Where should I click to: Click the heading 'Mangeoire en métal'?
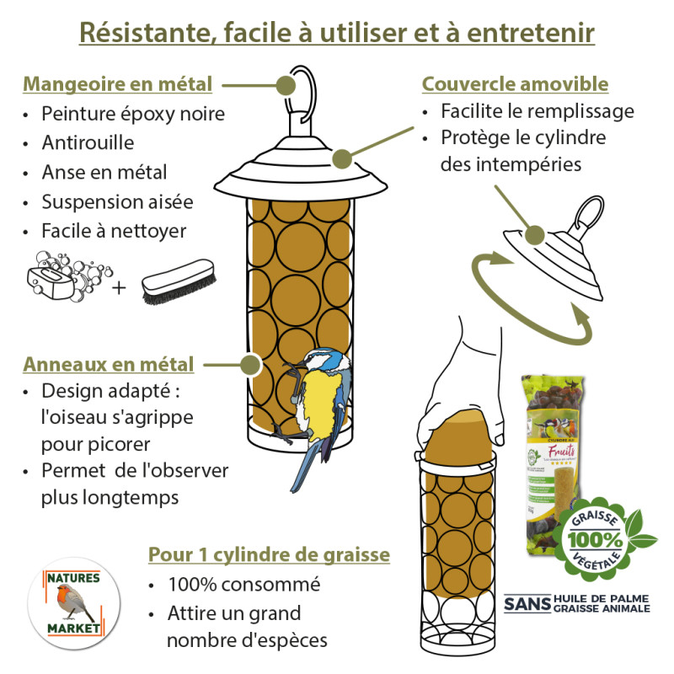coord(117,84)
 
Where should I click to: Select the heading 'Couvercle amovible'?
coord(515,84)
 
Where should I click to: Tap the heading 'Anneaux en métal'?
coord(109,365)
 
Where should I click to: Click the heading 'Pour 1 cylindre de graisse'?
coord(269,554)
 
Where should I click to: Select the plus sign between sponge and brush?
coord(119,287)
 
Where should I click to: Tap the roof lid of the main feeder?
coord(301,172)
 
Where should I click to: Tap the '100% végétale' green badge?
coord(601,535)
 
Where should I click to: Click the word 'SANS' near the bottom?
coord(527,603)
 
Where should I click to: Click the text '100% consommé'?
coord(244,584)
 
